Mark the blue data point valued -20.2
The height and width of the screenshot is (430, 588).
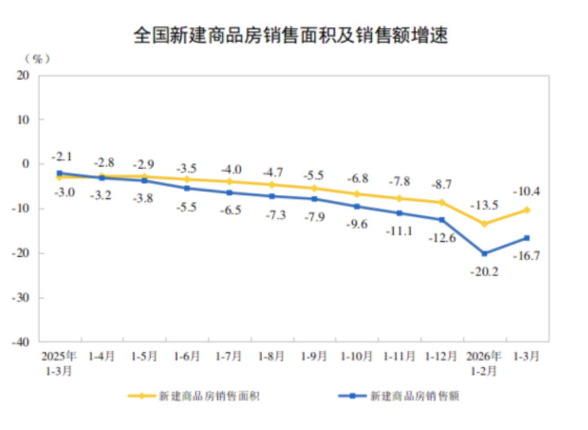484,254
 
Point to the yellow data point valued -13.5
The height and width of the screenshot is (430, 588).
484,224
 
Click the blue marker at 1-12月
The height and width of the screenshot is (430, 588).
442,220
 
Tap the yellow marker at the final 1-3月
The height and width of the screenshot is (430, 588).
526,210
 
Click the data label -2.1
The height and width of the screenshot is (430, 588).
62,156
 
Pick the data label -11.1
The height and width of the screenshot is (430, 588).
399,231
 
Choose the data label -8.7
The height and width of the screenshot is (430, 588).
442,184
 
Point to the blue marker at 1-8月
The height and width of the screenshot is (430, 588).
272,196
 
